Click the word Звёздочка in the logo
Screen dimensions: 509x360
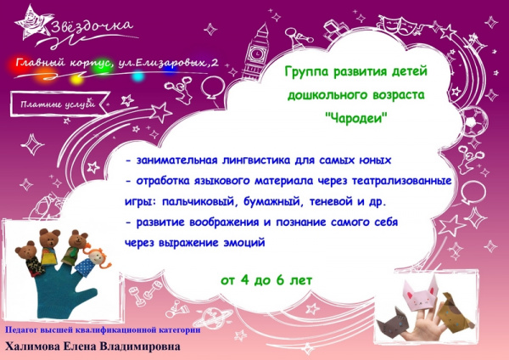click(92, 26)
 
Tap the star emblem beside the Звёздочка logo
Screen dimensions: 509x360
click(32, 23)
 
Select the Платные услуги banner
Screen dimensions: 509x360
click(59, 104)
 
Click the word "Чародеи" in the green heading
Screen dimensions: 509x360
click(356, 118)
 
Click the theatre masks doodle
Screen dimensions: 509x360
click(399, 25)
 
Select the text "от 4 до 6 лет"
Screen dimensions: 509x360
click(266, 280)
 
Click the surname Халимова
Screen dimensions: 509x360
click(32, 346)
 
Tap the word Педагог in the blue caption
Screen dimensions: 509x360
click(21, 330)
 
